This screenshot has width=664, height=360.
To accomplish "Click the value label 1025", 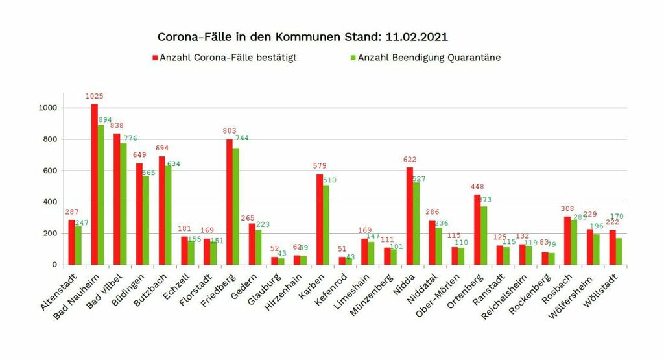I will [95, 96].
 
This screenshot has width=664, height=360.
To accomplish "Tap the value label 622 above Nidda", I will [409, 160].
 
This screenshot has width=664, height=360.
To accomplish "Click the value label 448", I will [477, 187].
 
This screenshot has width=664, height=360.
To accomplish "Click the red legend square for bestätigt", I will [156, 58].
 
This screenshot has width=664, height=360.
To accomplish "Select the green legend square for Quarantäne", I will [353, 58].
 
